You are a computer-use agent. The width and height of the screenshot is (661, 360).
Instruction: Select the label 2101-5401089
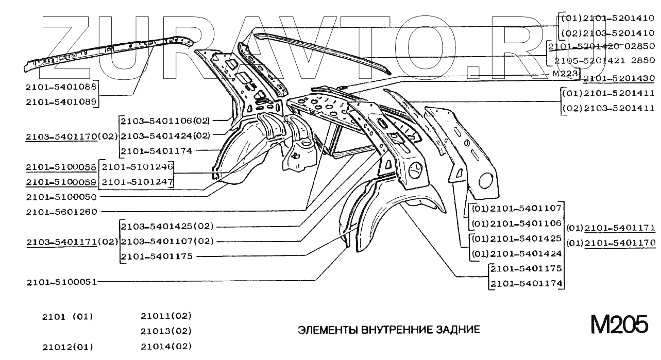pyautogui.click(x=61, y=101)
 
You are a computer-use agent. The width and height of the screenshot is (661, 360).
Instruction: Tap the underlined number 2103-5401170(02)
pyautogui.click(x=72, y=136)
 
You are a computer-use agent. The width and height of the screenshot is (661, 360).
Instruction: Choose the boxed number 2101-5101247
pyautogui.click(x=137, y=182)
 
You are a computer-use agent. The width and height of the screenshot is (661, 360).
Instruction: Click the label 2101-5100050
pyautogui.click(x=61, y=197)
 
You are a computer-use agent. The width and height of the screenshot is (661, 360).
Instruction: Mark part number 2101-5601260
pyautogui.click(x=61, y=211)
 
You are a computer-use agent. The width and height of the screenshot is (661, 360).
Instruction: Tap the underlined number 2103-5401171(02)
pyautogui.click(x=72, y=241)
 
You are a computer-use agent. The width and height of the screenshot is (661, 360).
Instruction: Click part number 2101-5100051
pyautogui.click(x=61, y=282)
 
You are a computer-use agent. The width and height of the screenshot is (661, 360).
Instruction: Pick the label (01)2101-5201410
pyautogui.click(x=607, y=18)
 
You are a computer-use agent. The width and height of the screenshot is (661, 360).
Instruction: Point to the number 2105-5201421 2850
pyautogui.click(x=604, y=61)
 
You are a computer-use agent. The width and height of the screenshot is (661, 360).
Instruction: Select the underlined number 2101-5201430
pyautogui.click(x=619, y=79)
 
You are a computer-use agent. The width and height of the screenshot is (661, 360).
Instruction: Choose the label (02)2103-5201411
pyautogui.click(x=607, y=108)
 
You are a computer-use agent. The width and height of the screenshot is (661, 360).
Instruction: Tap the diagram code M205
pyautogui.click(x=619, y=325)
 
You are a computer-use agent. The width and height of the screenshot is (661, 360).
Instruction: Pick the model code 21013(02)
pyautogui.click(x=166, y=331)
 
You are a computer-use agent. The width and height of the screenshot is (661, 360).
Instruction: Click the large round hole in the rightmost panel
pyautogui.click(x=486, y=181)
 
